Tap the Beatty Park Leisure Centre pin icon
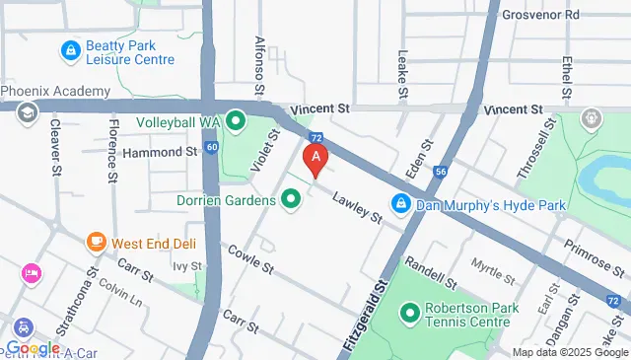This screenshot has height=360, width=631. [x=70, y=49]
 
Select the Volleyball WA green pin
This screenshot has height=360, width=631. [x=236, y=122]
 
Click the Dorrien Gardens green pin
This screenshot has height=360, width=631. [x=291, y=200]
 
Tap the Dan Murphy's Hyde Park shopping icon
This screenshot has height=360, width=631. [x=401, y=204]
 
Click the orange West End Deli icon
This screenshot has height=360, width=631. [x=96, y=242]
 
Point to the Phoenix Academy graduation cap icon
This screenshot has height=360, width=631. [x=27, y=111]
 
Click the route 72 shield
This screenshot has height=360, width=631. [x=315, y=139]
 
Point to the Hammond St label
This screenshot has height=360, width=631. [x=161, y=153]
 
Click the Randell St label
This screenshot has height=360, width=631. [x=429, y=268]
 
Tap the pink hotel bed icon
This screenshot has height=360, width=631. [x=31, y=273]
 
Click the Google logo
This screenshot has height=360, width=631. [x=33, y=347]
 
